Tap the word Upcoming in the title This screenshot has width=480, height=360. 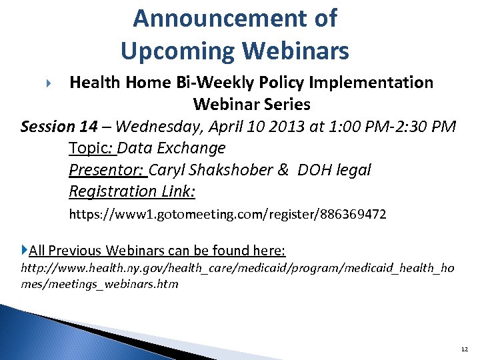click(x=173, y=50)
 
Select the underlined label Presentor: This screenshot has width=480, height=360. click(x=107, y=170)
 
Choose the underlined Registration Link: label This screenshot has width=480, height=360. click(x=131, y=192)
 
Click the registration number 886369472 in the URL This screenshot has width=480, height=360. click(x=351, y=215)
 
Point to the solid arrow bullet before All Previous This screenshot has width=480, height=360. click(x=25, y=250)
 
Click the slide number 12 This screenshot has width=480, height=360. click(x=464, y=349)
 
